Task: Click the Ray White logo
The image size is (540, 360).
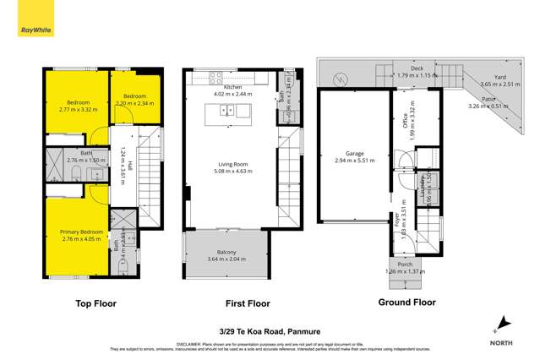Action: [x=31, y=31]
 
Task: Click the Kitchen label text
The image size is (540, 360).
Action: [x=232, y=87]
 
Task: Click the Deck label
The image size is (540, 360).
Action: [x=416, y=69]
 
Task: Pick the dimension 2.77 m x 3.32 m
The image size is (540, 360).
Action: [x=77, y=110]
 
